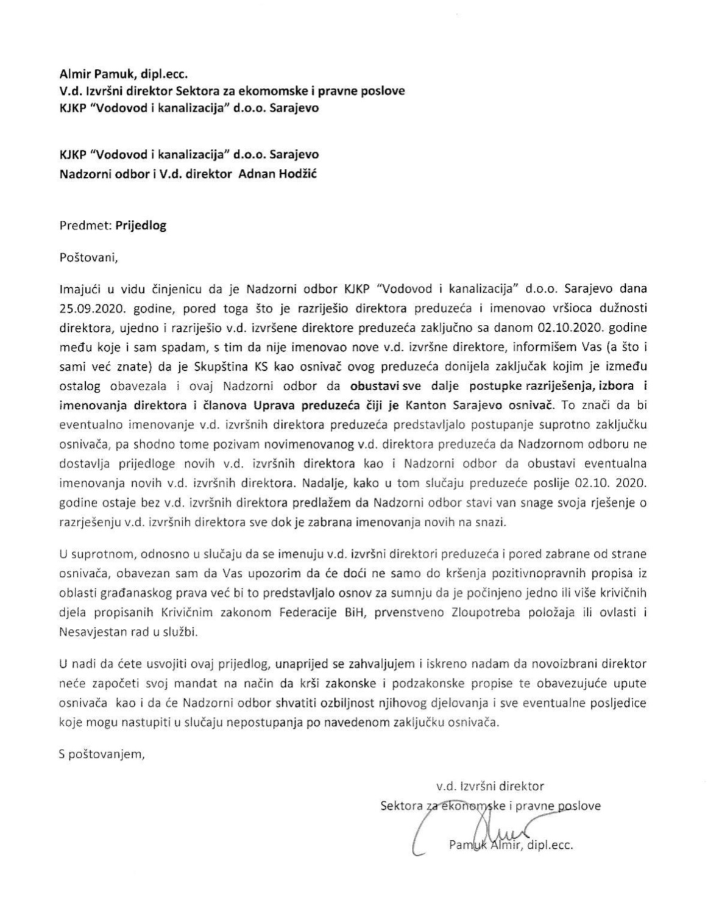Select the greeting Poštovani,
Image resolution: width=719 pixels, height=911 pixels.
tap(88, 257)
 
